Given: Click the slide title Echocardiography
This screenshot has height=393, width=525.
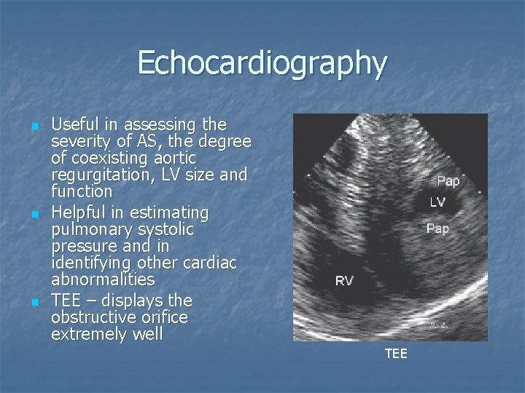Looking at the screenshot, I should (262, 63).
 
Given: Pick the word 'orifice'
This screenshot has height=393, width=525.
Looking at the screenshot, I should (160, 317).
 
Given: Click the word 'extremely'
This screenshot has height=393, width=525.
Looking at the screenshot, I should (85, 335).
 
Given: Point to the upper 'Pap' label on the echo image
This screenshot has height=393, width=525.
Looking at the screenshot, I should (448, 180).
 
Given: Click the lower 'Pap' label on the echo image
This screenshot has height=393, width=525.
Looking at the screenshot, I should (437, 229).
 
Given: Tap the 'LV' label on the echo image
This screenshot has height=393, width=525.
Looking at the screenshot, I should (437, 202).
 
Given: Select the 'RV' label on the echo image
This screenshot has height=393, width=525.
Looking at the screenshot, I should (344, 281).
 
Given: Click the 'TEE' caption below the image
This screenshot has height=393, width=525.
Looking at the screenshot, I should (396, 354).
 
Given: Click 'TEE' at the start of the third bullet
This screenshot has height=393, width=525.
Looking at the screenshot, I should (65, 300).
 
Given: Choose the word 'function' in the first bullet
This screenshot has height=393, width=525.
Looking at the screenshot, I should (82, 192).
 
